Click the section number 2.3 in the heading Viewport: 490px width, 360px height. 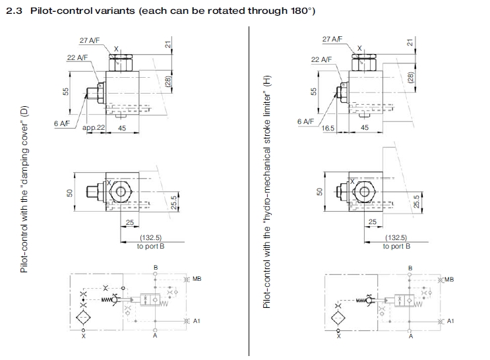14,12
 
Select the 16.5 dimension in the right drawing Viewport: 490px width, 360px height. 328,128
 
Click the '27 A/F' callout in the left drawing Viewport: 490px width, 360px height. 89,41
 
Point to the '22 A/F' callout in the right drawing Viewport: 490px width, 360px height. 321,60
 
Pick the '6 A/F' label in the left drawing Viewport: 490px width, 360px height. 63,123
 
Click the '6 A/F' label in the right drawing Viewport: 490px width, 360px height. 305,121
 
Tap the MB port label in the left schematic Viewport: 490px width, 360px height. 197,279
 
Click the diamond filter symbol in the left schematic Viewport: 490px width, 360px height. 84,317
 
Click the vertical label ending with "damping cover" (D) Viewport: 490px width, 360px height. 24,189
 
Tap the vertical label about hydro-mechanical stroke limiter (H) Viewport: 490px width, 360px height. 268,192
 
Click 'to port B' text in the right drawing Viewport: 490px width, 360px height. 396,246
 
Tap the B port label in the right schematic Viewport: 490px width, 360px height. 410,268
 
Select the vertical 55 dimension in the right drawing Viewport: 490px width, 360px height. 315,90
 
